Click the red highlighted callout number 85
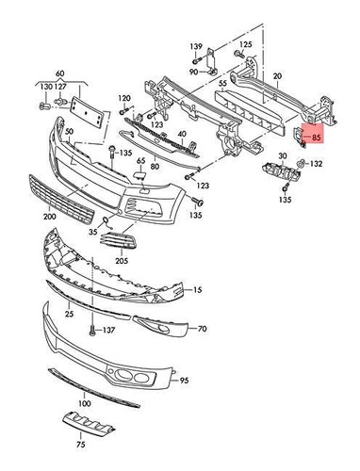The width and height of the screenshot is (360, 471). click(x=316, y=137)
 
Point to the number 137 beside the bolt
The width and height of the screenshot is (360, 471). click(x=109, y=330)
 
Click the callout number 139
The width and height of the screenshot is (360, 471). click(x=196, y=46)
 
